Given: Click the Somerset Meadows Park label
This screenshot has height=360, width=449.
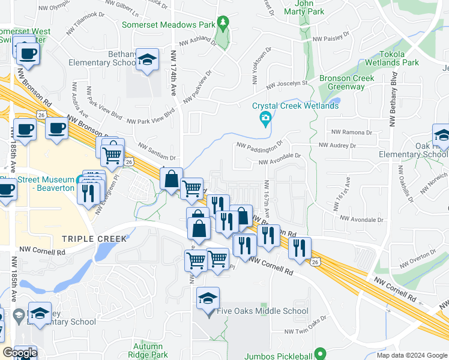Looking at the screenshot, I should pos(167,25).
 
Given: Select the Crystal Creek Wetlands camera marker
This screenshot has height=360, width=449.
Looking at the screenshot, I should pos(265,119).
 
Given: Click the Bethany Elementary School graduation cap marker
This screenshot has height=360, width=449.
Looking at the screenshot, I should pos(147,59).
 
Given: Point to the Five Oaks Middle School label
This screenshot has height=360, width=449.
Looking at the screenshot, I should pos(262,311).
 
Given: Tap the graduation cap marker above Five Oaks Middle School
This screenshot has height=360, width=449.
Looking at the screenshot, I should pos(208,298).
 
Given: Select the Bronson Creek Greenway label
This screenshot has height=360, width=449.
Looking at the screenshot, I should pos(346,82).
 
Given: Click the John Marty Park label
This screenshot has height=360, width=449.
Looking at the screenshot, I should pos(309,7).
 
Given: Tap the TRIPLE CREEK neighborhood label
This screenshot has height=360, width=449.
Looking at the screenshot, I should pos(95,239).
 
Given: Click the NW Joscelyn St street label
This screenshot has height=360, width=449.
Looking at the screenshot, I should pos(287,84).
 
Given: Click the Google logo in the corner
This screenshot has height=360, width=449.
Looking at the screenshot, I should pos(20,353).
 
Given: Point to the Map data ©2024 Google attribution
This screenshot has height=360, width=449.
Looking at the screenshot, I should pos(411,355).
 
